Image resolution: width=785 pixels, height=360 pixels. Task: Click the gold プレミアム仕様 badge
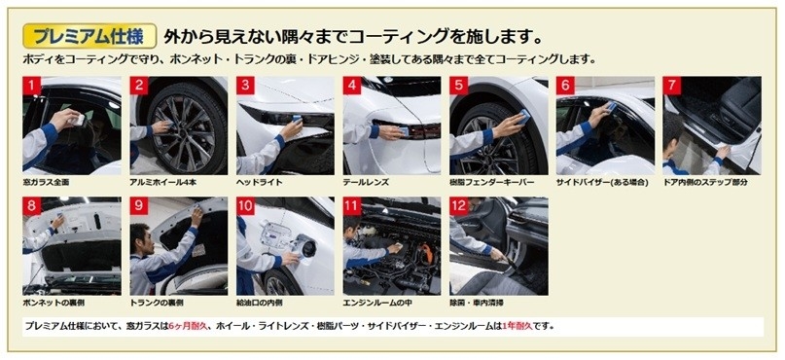pyautogui.click(x=90, y=37)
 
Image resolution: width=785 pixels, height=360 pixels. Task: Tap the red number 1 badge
pyautogui.click(x=31, y=86)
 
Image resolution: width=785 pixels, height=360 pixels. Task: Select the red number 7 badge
pyautogui.click(x=672, y=86)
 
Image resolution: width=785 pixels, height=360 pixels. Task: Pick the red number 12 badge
pyautogui.click(x=458, y=206)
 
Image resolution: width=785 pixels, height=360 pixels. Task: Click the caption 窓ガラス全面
pyautogui.click(x=46, y=183)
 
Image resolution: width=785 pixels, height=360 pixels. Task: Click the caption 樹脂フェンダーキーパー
pyautogui.click(x=492, y=183)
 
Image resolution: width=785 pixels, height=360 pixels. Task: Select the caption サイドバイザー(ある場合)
pyautogui.click(x=602, y=183)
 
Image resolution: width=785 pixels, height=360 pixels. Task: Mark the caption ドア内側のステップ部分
pyautogui.click(x=705, y=183)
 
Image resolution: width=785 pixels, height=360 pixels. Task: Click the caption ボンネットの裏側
pyautogui.click(x=54, y=303)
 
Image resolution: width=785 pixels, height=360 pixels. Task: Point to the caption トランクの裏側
pyautogui.click(x=157, y=303)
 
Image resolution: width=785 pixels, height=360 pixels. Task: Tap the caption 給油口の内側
pyautogui.click(x=260, y=303)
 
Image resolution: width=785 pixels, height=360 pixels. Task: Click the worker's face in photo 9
pyautogui.click(x=142, y=235)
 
